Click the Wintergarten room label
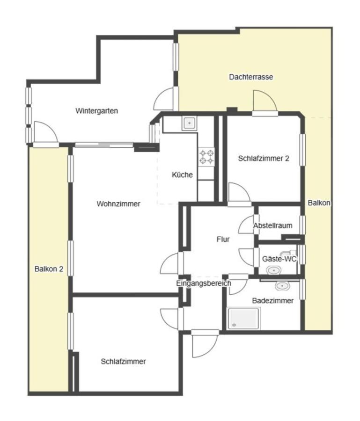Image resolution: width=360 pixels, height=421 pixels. [x=96, y=111]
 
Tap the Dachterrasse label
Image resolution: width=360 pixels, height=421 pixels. [x=251, y=77]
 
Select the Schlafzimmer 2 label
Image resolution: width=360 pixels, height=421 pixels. [x=264, y=158]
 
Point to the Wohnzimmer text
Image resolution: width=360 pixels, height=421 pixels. [x=118, y=203]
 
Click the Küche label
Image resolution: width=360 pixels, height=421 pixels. [x=182, y=175]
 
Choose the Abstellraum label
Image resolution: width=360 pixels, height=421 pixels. [x=273, y=225]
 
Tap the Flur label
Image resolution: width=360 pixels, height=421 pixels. [x=223, y=239]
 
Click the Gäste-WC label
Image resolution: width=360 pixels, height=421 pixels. [x=279, y=259]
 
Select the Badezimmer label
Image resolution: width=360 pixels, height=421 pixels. [x=273, y=300]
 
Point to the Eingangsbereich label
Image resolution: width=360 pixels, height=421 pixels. [x=204, y=283]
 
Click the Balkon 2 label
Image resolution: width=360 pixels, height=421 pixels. [x=49, y=269]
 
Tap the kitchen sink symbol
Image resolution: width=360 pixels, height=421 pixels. [x=189, y=123]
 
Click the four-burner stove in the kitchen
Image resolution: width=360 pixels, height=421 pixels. [x=206, y=157]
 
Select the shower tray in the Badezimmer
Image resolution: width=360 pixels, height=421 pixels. [x=243, y=319]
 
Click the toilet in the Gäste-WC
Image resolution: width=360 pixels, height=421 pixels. [x=273, y=270]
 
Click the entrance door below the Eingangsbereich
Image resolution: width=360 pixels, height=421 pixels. [x=205, y=344]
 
